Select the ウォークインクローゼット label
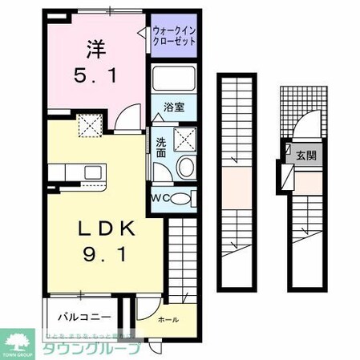[173, 36]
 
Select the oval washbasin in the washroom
[185, 167]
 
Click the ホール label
[166, 318]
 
